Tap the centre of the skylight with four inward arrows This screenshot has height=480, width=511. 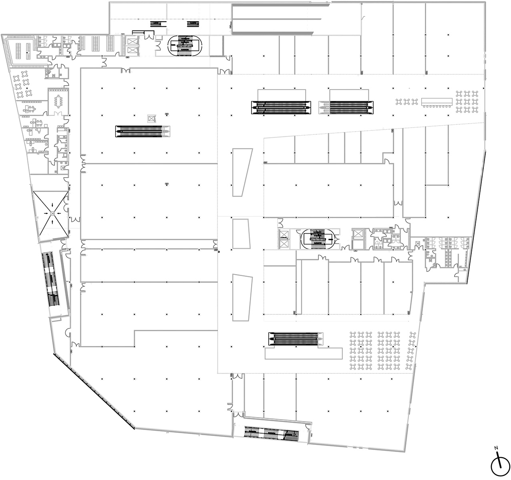pos(52,213)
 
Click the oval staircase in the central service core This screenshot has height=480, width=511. pos(318,239)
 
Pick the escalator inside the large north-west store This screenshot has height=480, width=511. pos(143,131)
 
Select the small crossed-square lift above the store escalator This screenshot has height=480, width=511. pos(151,118)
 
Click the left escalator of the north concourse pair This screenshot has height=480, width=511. pos(281,108)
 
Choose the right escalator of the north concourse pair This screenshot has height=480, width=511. pos(346,108)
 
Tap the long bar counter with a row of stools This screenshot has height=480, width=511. pos(437,102)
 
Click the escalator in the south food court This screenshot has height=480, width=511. pos(296,339)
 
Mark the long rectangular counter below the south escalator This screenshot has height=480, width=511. pos(304,354)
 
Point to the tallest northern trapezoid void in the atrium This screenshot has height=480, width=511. pos(242,172)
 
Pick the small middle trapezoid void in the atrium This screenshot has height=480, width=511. pos(241,234)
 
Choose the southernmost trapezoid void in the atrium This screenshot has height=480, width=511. pos(242,298)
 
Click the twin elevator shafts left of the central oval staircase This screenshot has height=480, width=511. pos(284,239)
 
